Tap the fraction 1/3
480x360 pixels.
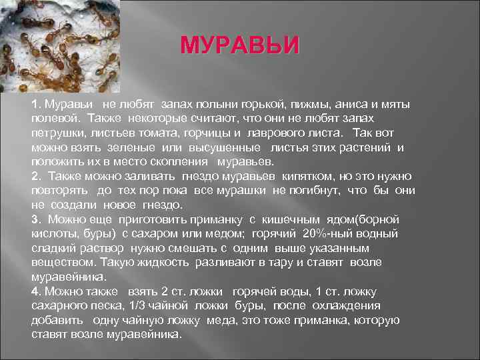coord(121,305)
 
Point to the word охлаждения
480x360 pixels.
coord(345,305)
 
